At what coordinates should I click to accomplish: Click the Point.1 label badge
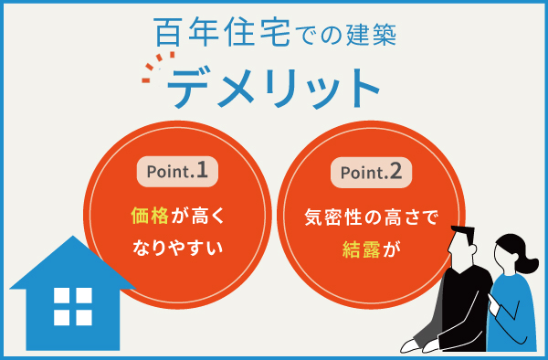coord(177,171)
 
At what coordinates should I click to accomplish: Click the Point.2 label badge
coord(372,171)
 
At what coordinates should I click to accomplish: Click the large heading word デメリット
coord(274,89)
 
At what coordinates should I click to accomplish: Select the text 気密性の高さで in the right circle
coord(372,217)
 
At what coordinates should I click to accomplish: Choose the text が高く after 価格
coord(195,217)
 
